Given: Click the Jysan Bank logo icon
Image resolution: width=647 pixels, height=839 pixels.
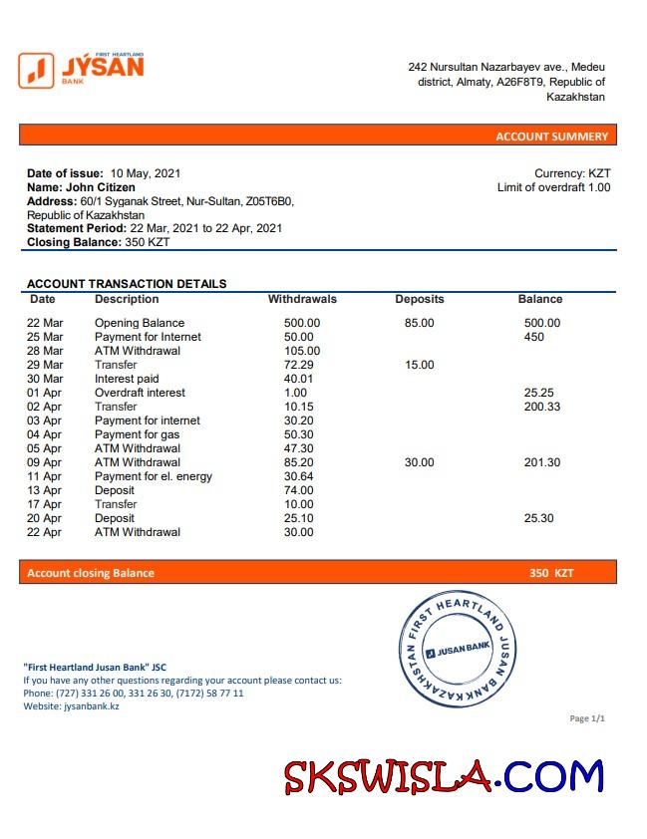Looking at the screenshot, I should [x=36, y=70].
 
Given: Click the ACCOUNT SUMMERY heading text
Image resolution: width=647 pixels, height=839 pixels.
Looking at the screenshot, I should [x=551, y=137].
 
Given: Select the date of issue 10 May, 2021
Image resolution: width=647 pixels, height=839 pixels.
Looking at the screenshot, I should [x=146, y=173].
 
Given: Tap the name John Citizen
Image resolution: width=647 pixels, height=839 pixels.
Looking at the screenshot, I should [x=101, y=187].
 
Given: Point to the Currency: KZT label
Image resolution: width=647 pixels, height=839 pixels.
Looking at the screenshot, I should [x=572, y=173].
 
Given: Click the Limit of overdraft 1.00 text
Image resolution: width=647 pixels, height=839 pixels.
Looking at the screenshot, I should [x=553, y=187].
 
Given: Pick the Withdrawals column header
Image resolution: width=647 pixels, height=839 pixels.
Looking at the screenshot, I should [x=302, y=299].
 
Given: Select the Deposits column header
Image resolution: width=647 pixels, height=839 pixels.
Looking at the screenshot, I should [x=420, y=299].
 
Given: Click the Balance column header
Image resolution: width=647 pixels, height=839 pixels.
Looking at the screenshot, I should [x=540, y=299].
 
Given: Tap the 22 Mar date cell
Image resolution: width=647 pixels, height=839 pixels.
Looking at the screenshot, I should [x=45, y=323].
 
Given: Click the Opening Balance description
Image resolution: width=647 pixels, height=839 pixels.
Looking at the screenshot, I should [x=140, y=323].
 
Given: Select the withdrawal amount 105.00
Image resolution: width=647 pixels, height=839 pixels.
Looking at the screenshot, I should [x=302, y=351].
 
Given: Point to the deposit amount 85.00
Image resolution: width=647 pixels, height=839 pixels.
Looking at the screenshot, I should [x=420, y=323].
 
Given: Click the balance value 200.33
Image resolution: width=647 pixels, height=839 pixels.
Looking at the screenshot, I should [x=542, y=407].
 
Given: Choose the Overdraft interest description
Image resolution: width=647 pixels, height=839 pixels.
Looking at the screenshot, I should [x=141, y=393].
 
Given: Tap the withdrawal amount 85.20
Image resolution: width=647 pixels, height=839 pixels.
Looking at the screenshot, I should [x=299, y=462].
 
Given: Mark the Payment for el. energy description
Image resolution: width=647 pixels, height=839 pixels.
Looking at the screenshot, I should [x=154, y=476].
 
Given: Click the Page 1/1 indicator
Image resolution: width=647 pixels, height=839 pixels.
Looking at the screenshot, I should [x=586, y=718].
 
